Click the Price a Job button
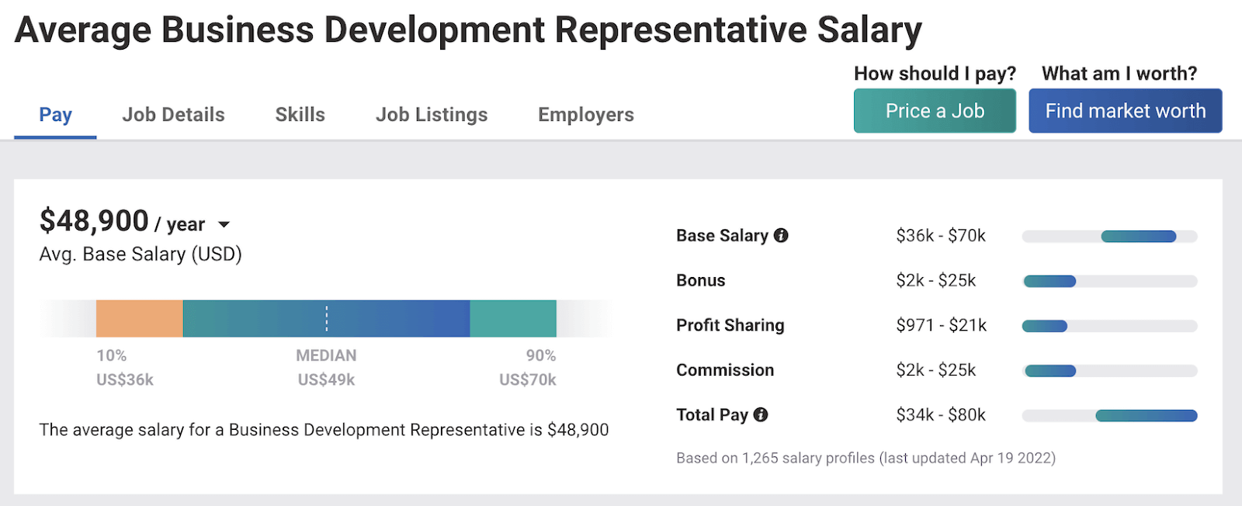pos(935,111)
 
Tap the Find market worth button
pos(1125,111)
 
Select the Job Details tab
pos(173,115)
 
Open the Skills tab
pos(300,115)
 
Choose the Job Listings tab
pos(432,115)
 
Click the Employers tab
pos(585,115)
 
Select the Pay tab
pos(55,115)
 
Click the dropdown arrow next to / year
pos(224,225)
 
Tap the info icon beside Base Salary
pos(781,235)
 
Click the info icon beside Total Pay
pos(761,414)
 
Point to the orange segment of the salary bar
pos(140,318)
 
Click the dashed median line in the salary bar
pos(327,318)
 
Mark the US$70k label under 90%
pos(527,379)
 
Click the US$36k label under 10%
pos(125,379)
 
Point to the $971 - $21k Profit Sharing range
pos(941,325)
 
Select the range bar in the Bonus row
pos(1049,281)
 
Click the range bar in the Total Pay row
pos(1146,416)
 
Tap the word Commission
pos(725,370)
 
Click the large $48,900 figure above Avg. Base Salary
pos(94,221)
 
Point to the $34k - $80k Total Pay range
pos(941,414)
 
